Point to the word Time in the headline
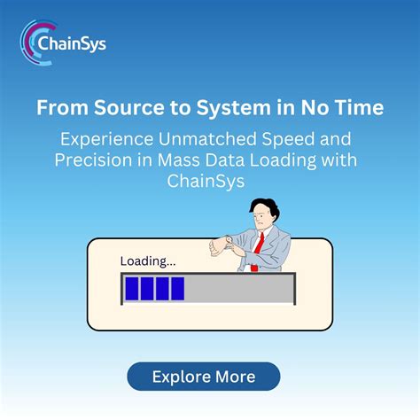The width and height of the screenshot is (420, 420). (361, 108)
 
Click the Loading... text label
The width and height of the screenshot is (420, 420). (148, 261)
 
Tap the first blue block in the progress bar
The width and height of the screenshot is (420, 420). (132, 288)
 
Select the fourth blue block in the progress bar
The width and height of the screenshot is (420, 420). (177, 288)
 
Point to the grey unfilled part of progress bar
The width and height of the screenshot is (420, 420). (239, 288)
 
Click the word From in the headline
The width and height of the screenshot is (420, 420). (60, 108)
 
